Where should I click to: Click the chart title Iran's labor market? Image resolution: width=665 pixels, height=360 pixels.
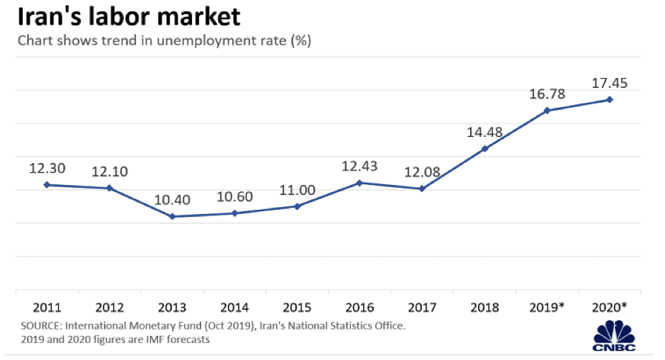pos(129,16)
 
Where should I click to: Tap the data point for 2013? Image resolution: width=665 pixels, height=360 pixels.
pos(172,216)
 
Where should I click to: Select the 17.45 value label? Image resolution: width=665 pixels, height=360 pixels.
pos(610,84)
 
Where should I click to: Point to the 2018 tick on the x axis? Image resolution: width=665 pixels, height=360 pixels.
pos(484,308)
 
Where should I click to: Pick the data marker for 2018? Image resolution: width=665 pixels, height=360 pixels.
pos(485,149)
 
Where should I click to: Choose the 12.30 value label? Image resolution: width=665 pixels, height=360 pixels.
pos(47,169)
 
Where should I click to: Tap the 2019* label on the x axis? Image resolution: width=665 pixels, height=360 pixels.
pos(548,308)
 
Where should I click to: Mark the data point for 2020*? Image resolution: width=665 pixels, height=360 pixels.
pos(610,100)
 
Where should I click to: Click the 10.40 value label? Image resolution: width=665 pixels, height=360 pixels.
pos(172,201)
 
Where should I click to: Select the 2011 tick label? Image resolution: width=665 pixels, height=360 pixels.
pos(46,308)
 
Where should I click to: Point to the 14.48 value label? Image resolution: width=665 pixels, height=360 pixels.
pos(485,133)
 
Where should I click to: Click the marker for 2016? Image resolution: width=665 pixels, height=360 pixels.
pos(360,183)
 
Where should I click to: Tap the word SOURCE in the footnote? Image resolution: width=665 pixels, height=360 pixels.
pos(42,326)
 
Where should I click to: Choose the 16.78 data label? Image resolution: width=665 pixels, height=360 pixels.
pos(548,94)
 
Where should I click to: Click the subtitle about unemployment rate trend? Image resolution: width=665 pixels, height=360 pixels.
pos(164,40)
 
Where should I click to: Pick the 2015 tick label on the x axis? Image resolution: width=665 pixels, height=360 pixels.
pos(297,308)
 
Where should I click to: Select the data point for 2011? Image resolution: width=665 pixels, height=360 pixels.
pos(47,184)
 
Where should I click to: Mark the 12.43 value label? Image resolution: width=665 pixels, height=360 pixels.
pos(360,167)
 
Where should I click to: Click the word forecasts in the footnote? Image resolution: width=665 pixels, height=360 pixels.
pos(186,339)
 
